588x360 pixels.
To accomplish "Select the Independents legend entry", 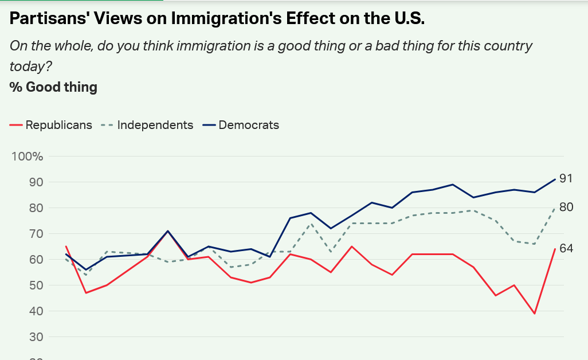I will pyautogui.click(x=155, y=125).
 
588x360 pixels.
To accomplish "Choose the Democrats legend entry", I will pyautogui.click(x=249, y=125).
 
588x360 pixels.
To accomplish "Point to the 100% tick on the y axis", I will pyautogui.click(x=28, y=156).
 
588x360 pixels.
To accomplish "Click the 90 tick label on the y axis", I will pyautogui.click(x=36, y=182).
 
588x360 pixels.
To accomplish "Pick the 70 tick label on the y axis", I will pyautogui.click(x=36, y=234).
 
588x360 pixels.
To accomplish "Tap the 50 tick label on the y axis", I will pyautogui.click(x=36, y=285).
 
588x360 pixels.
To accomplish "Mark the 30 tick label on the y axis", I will pyautogui.click(x=36, y=337).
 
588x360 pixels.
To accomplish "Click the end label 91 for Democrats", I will pyautogui.click(x=566, y=179).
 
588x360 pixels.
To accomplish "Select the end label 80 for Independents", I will pyautogui.click(x=566, y=207).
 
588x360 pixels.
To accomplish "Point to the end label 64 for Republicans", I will pyautogui.click(x=566, y=249).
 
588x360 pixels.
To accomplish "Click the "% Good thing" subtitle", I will pyautogui.click(x=53, y=87).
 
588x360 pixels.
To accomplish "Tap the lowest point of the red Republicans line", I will pyautogui.click(x=535, y=314).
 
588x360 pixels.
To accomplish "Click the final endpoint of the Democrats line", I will pyautogui.click(x=555, y=179).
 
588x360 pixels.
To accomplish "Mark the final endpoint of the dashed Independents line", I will pyautogui.click(x=555, y=208).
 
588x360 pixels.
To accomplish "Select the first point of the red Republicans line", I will pyautogui.click(x=66, y=246).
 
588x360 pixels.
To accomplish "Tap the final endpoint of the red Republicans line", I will pyautogui.click(x=555, y=249).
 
